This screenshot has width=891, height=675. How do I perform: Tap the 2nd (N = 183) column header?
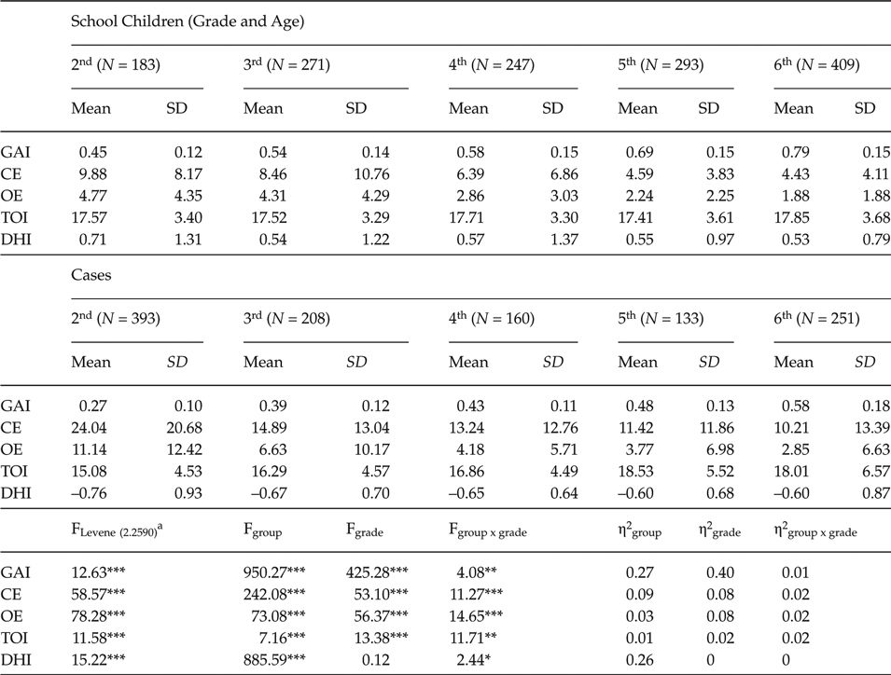tap(116, 65)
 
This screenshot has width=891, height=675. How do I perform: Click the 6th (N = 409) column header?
tap(817, 65)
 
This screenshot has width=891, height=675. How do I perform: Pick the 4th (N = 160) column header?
tap(491, 319)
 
